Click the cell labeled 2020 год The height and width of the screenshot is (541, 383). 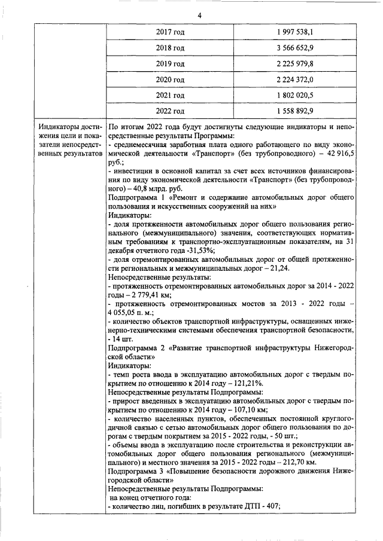click(170, 80)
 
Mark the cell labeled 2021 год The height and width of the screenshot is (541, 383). click(170, 95)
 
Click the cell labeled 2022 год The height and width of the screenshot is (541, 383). click(170, 111)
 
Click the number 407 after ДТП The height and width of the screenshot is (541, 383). click(272, 506)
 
